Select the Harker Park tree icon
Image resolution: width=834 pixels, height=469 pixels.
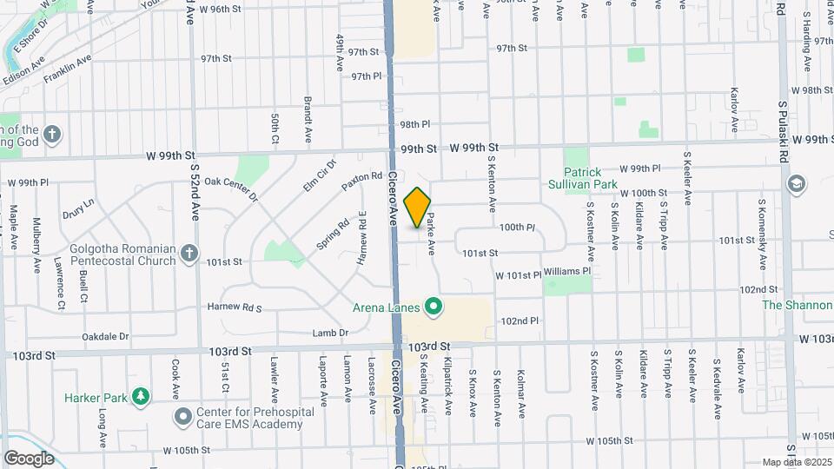pyautogui.click(x=139, y=397)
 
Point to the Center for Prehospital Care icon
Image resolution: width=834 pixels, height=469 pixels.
pyautogui.click(x=182, y=418)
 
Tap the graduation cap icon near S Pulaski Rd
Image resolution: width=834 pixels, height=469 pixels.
pyautogui.click(x=796, y=184)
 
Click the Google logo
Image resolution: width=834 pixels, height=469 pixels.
pyautogui.click(x=29, y=458)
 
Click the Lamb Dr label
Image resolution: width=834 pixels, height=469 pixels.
pyautogui.click(x=331, y=333)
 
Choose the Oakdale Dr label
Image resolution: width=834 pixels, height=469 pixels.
pyautogui.click(x=104, y=336)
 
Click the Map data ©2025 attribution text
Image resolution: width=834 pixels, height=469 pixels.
pyautogui.click(x=797, y=462)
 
